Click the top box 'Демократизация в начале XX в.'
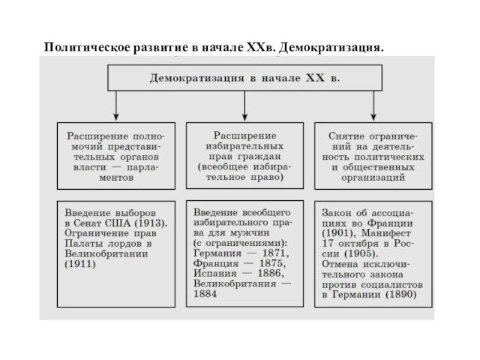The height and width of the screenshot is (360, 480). [244, 77]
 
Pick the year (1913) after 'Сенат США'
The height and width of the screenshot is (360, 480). [152, 223]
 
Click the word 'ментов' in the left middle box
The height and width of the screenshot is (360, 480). [115, 179]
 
